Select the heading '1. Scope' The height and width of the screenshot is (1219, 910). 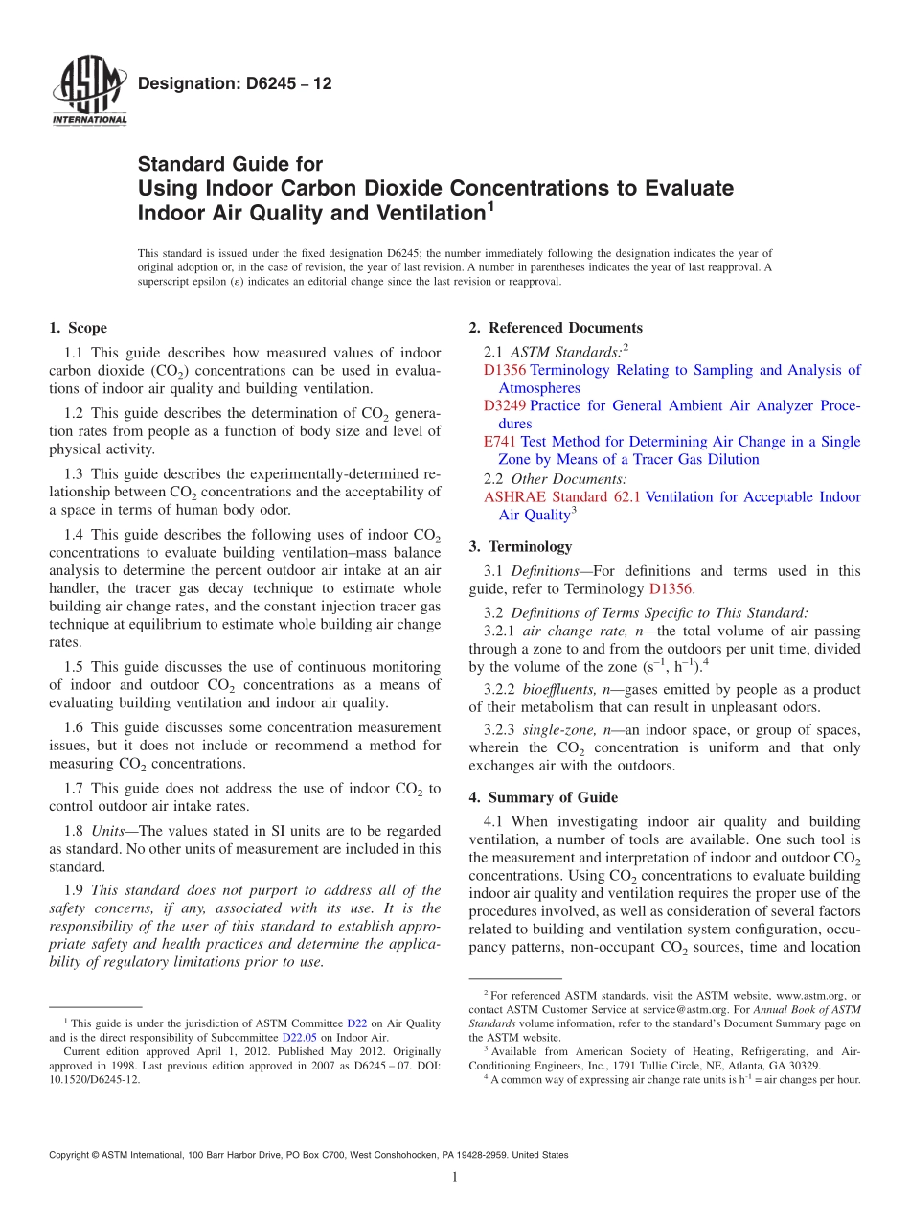(78, 328)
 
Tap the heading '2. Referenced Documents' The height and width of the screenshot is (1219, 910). (555, 328)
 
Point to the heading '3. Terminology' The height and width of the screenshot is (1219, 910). (520, 547)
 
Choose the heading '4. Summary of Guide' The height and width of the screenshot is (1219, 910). (543, 797)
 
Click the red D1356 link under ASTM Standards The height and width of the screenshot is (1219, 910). (505, 370)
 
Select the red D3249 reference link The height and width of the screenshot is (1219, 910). (505, 405)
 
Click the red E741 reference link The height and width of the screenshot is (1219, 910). (500, 442)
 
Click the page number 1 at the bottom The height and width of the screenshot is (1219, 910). (455, 1177)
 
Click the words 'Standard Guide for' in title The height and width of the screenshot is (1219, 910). (230, 164)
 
